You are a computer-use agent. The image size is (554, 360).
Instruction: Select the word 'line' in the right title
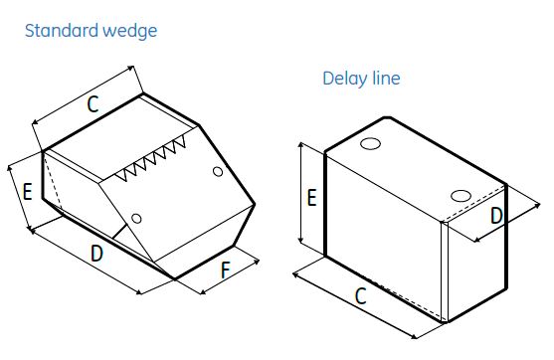tap(387, 79)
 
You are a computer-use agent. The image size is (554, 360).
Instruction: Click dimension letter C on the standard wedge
tap(92, 104)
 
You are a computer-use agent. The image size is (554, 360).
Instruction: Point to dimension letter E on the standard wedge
tap(27, 192)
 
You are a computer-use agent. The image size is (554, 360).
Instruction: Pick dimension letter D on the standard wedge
tap(96, 254)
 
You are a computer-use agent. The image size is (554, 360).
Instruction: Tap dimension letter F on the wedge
tap(225, 270)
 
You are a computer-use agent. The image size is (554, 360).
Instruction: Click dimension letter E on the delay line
tap(311, 198)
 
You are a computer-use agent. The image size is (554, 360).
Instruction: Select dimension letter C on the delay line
tap(361, 296)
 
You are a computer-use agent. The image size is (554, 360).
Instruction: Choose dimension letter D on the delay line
tap(496, 216)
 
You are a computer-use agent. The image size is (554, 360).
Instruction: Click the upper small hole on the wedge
tap(218, 172)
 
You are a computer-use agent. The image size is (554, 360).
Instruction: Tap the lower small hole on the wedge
tap(136, 219)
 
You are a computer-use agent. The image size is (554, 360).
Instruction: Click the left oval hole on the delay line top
tap(370, 144)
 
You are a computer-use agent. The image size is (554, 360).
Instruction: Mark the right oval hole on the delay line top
tap(461, 196)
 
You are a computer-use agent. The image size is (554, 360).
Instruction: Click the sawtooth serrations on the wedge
tap(151, 159)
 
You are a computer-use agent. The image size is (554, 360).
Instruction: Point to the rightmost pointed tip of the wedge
tap(255, 204)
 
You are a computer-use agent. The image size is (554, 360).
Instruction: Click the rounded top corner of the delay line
tap(387, 117)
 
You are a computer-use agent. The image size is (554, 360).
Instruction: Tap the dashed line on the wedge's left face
tap(53, 179)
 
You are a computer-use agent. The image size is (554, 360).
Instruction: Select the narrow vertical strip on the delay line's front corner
tap(445, 271)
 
